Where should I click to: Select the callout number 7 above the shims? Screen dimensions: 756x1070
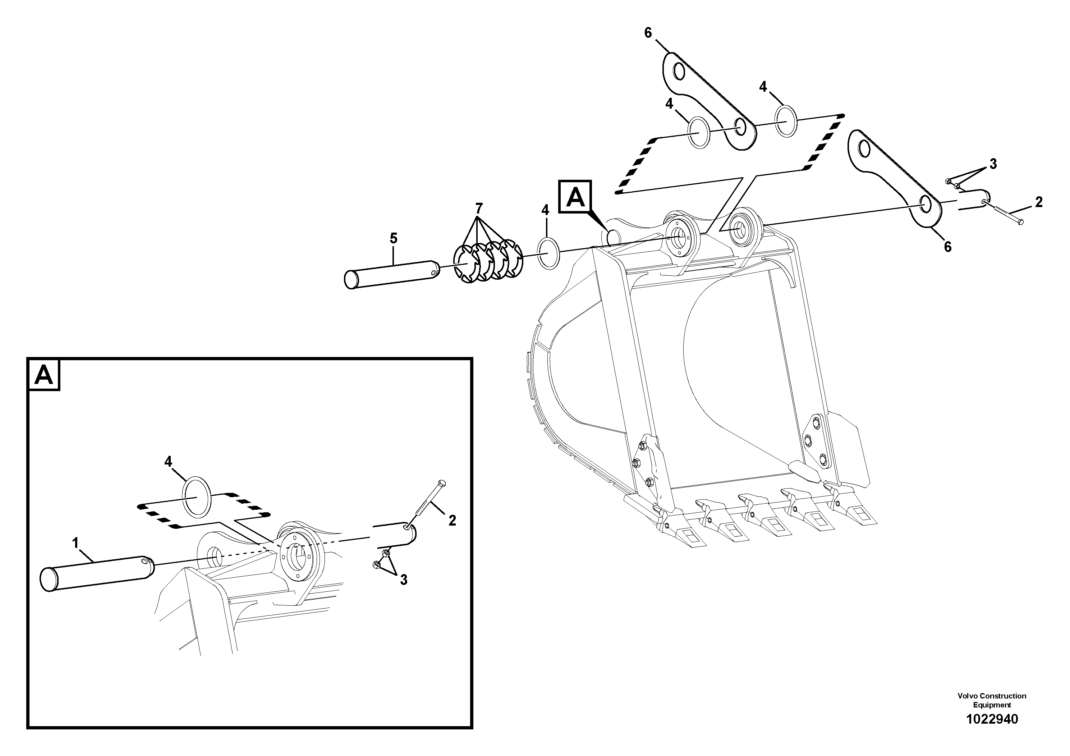tap(479, 208)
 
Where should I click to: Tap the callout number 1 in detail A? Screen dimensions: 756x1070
tap(75, 542)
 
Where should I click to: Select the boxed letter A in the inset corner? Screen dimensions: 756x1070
tap(44, 374)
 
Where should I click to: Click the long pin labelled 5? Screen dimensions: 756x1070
tap(391, 274)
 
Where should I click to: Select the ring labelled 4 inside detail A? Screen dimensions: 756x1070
tap(197, 497)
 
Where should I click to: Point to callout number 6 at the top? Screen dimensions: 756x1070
tap(648, 33)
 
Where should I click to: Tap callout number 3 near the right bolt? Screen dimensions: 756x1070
tap(993, 164)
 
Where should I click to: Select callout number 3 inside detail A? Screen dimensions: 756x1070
tap(404, 580)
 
